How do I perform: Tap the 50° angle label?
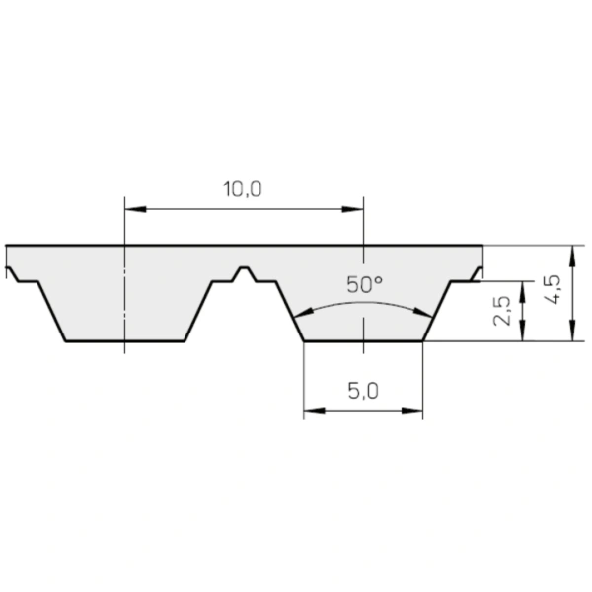[x=364, y=285]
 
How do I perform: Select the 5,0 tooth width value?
[x=363, y=391]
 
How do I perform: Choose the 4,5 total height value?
[x=554, y=293]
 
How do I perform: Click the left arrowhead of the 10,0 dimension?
[x=132, y=209]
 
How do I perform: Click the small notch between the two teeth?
[x=244, y=270]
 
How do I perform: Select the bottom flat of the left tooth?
[x=125, y=341]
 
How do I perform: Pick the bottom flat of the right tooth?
[x=363, y=341]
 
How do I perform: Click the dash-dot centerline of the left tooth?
[x=125, y=296]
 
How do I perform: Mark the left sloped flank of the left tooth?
[x=51, y=311]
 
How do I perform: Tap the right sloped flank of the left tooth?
[x=199, y=311]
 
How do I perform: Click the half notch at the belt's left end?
[x=11, y=269]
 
